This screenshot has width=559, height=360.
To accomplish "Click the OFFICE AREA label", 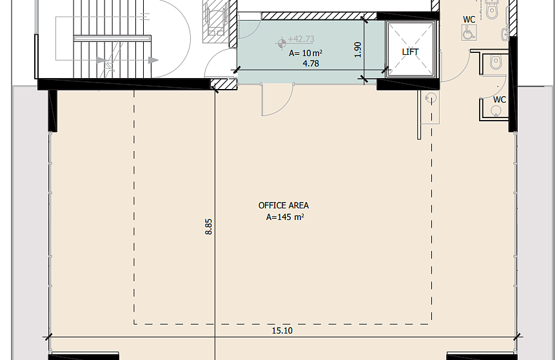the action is (284, 206).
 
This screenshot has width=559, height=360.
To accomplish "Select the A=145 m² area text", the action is (285, 217).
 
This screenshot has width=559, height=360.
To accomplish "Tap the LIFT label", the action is (410, 52).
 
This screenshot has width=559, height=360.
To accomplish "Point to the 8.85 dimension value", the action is (208, 226).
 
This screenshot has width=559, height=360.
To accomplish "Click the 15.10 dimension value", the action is (282, 331).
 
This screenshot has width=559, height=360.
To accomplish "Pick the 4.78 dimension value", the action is (311, 63).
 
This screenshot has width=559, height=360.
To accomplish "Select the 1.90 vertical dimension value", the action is (358, 50).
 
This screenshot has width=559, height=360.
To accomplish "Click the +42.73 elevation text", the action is (301, 39).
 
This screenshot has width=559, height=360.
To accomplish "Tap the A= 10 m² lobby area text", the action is (306, 53).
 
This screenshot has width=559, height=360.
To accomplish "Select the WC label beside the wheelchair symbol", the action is (469, 19).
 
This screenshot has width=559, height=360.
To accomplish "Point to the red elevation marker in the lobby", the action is (282, 43).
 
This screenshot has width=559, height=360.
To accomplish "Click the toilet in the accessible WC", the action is (492, 10).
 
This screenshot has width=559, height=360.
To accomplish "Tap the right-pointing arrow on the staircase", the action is (153, 60).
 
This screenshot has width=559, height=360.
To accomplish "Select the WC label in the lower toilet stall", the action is (500, 100).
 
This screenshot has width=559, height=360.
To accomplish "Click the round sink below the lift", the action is (431, 98).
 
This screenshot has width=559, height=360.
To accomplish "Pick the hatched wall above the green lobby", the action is (319, 15).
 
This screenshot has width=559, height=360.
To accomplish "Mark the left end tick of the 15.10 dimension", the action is (48, 337).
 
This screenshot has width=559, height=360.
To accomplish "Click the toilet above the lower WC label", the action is (496, 63).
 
